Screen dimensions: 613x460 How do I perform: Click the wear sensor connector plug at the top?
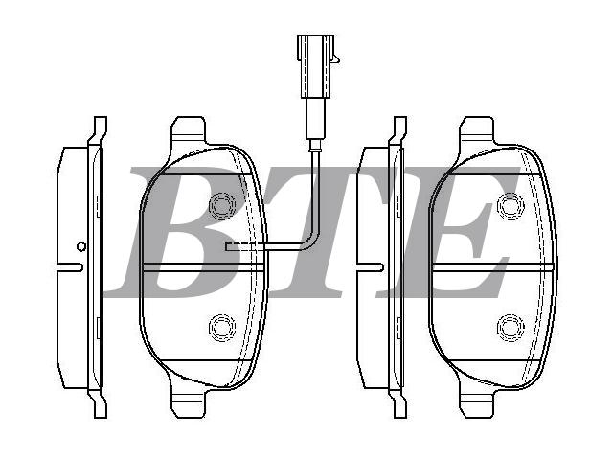click(x=315, y=66)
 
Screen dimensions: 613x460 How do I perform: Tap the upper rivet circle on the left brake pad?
click(x=222, y=206)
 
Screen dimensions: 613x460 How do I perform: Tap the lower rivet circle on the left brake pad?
click(x=222, y=328)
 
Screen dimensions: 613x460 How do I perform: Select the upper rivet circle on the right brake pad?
click(x=511, y=206)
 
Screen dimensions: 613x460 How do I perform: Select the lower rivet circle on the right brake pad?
click(x=511, y=328)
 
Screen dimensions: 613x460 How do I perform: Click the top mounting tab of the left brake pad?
click(x=189, y=129)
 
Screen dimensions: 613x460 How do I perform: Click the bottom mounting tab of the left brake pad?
click(x=189, y=404)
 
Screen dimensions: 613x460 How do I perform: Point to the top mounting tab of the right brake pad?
click(x=477, y=129)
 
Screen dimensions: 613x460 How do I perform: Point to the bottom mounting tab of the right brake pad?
click(x=477, y=404)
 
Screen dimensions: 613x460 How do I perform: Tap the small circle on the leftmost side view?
click(x=81, y=246)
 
